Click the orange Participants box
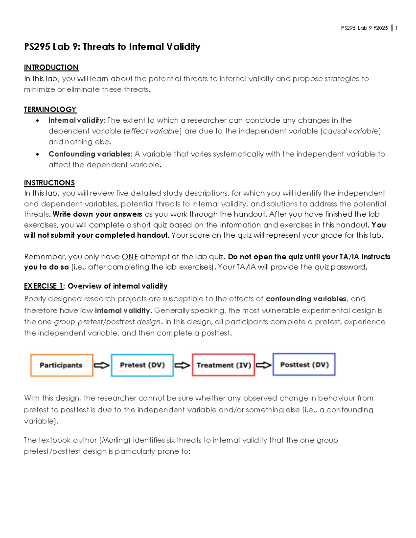pos(62,365)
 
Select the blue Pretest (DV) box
pos(142,365)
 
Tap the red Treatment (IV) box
pos(224,365)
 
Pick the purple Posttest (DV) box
pos(304,364)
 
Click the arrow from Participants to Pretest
pos(102,365)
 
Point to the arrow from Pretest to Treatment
pos(182,365)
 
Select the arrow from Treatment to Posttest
pos(264,365)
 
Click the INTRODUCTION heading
pos(51,67)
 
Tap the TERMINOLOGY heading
pos(50,109)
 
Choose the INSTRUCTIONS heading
pos(49,183)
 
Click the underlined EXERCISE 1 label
pos(43,286)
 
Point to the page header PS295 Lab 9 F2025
pos(364,28)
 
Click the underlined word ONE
pos(130,257)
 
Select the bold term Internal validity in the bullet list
pos(76,120)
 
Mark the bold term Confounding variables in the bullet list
pos(90,154)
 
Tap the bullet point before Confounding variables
pos(37,154)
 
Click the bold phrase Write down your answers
pos(97,214)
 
